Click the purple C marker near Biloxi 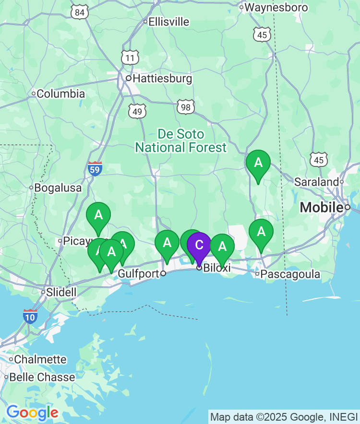click(199, 245)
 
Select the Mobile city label click(322, 208)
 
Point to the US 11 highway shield click(130, 58)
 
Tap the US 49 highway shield click(137, 112)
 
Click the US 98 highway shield click(186, 107)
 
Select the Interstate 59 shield click(95, 169)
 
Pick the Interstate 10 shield click(30, 316)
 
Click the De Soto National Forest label click(181, 141)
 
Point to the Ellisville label click(168, 22)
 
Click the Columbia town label click(60, 94)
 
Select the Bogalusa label click(58, 188)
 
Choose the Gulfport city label click(138, 273)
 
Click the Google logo click(32, 412)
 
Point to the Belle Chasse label click(42, 377)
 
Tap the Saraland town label click(316, 182)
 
